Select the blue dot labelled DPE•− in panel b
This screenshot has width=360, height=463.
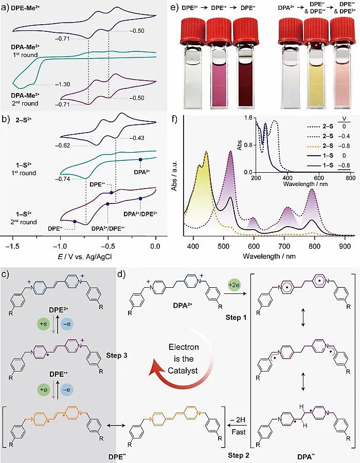click(x=75, y=222)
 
